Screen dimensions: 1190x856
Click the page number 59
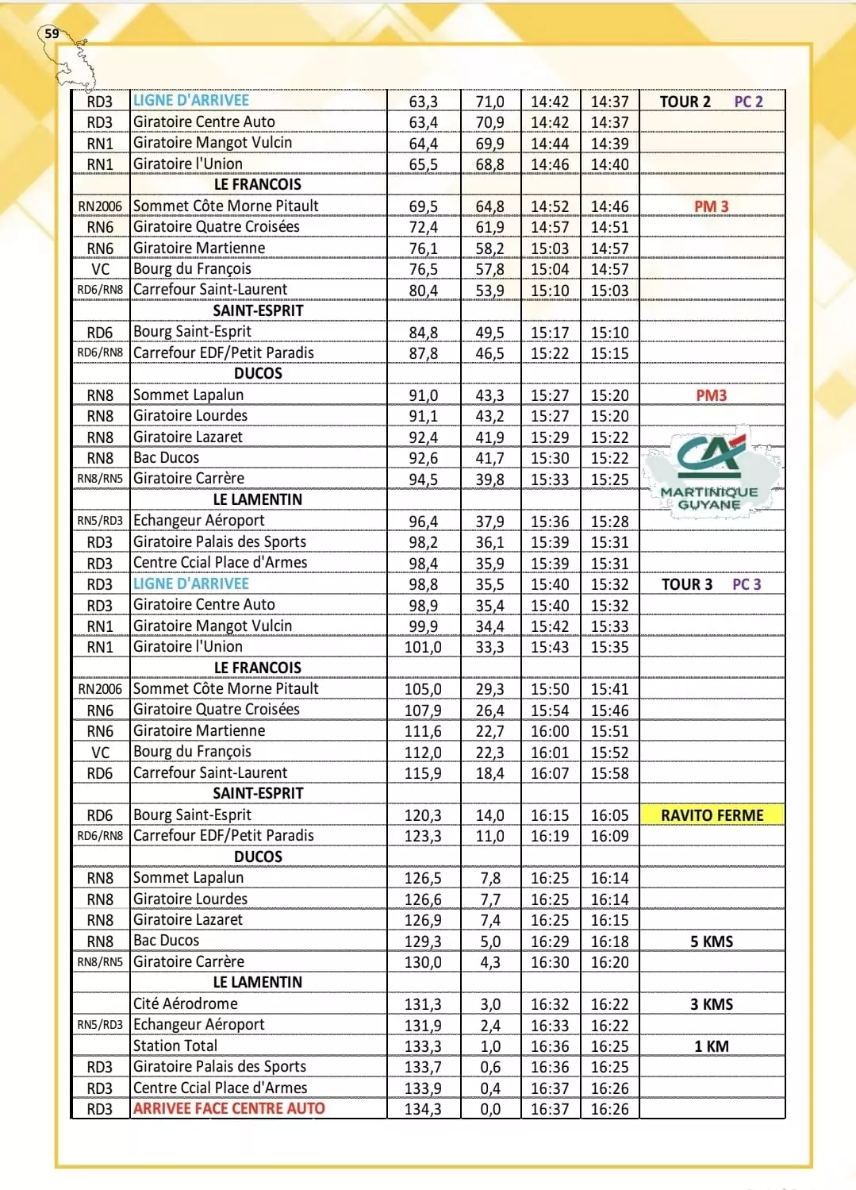52,33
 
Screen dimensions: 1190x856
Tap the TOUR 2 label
685,102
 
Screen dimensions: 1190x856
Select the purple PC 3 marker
746,584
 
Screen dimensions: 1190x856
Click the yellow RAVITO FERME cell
712,815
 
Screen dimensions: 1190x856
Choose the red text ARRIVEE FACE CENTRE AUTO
228,1108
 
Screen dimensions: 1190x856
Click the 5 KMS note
711,942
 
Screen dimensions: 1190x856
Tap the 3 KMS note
711,1004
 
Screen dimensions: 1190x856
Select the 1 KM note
711,1046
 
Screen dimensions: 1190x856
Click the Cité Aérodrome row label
185,1003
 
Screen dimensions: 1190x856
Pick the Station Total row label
175,1046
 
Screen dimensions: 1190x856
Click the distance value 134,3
423,1109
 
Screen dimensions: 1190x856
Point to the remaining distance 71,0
489,102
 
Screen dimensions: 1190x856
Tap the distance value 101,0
423,647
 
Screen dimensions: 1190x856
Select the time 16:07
550,773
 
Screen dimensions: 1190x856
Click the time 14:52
550,206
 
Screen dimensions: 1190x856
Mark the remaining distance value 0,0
490,1109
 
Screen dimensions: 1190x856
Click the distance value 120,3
423,815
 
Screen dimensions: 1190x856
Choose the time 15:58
609,773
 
